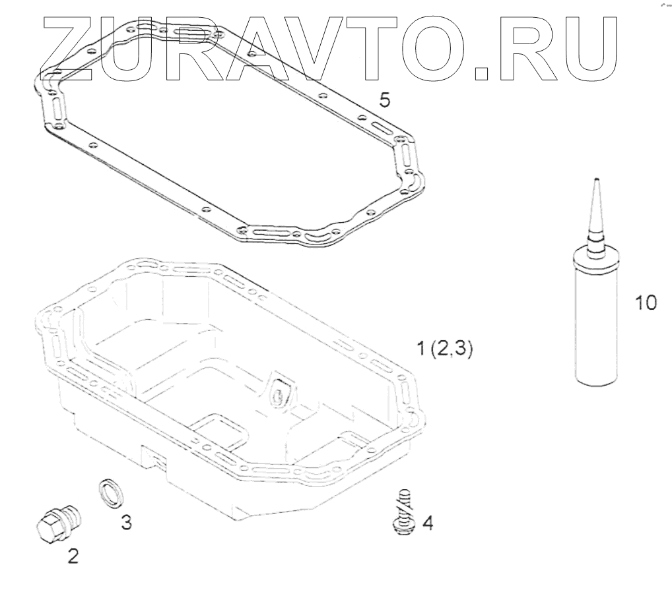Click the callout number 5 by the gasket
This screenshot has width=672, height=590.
(x=385, y=100)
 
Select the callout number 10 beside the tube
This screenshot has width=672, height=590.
(x=646, y=303)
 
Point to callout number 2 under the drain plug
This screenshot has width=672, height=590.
(x=73, y=556)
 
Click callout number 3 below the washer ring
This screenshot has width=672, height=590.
(x=126, y=522)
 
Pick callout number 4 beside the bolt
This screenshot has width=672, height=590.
(x=427, y=522)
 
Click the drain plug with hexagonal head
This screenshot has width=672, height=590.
(x=57, y=523)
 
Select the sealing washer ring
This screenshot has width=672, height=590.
(x=113, y=494)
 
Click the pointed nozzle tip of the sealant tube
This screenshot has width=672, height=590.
(x=595, y=179)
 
